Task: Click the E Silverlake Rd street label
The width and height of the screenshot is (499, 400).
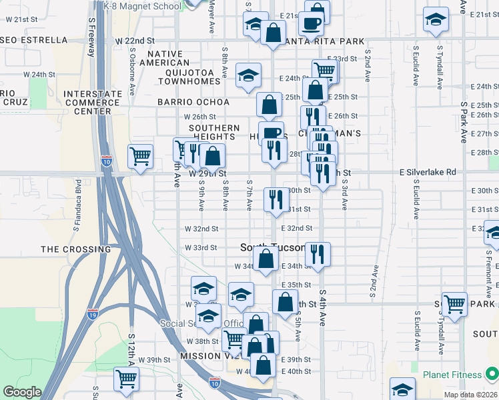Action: pos(428,172)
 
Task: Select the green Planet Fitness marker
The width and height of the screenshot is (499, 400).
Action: pos(491,373)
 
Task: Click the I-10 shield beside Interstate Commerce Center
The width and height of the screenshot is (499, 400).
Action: pos(106,160)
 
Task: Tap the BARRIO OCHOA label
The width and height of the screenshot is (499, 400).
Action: pos(193,102)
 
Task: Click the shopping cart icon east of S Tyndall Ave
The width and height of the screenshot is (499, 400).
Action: pos(454,304)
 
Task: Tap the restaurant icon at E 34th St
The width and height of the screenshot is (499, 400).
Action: pos(318,253)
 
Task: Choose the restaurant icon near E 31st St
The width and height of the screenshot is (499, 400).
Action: pos(276,199)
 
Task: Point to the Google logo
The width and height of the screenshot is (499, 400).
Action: pos(22,392)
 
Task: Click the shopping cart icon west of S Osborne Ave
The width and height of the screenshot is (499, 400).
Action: pos(140,157)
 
